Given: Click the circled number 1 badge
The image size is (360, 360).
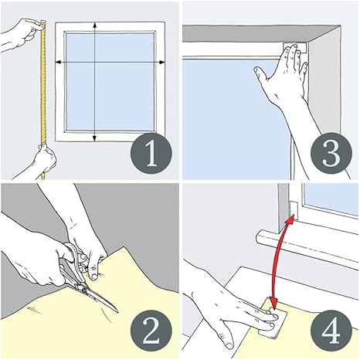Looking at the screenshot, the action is coord(151,154).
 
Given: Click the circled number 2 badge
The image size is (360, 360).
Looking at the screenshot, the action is coord(151,331).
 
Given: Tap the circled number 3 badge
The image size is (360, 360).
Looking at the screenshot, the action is coord(331,153).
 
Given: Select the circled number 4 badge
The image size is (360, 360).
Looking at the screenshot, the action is coord(331,331).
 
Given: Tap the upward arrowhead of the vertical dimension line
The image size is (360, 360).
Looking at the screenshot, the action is coord(94,25).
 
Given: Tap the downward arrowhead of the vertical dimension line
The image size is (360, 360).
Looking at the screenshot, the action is coord(94,138).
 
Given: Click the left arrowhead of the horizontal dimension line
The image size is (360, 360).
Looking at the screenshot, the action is coord(59,62).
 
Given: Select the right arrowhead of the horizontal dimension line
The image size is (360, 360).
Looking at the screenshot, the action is coord(162,62).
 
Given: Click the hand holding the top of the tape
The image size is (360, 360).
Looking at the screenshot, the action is coord(21,34).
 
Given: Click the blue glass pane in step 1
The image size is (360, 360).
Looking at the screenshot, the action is coord(110,81).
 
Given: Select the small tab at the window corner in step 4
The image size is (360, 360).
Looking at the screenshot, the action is coord(294,209).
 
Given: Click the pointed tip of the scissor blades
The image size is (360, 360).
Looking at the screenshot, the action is coord(117,312).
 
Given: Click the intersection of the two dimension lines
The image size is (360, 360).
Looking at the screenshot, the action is coord(94,62).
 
